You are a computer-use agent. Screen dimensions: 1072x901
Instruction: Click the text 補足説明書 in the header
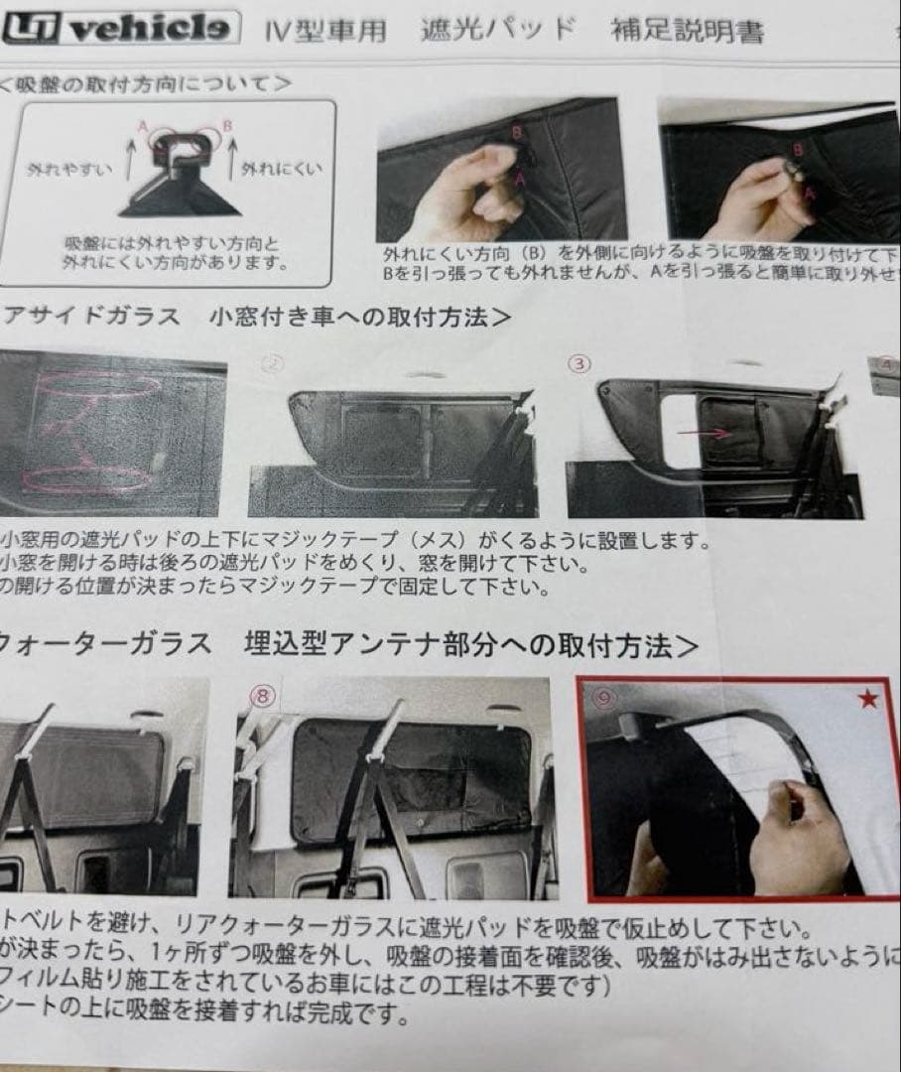click(689, 31)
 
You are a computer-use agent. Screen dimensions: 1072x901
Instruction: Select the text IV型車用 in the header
click(326, 29)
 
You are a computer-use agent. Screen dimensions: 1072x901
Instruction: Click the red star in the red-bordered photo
click(869, 701)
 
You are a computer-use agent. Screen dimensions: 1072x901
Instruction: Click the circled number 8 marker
click(262, 696)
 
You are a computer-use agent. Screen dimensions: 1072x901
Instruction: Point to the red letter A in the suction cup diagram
click(144, 127)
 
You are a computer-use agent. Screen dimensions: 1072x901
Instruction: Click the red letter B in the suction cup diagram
click(227, 127)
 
